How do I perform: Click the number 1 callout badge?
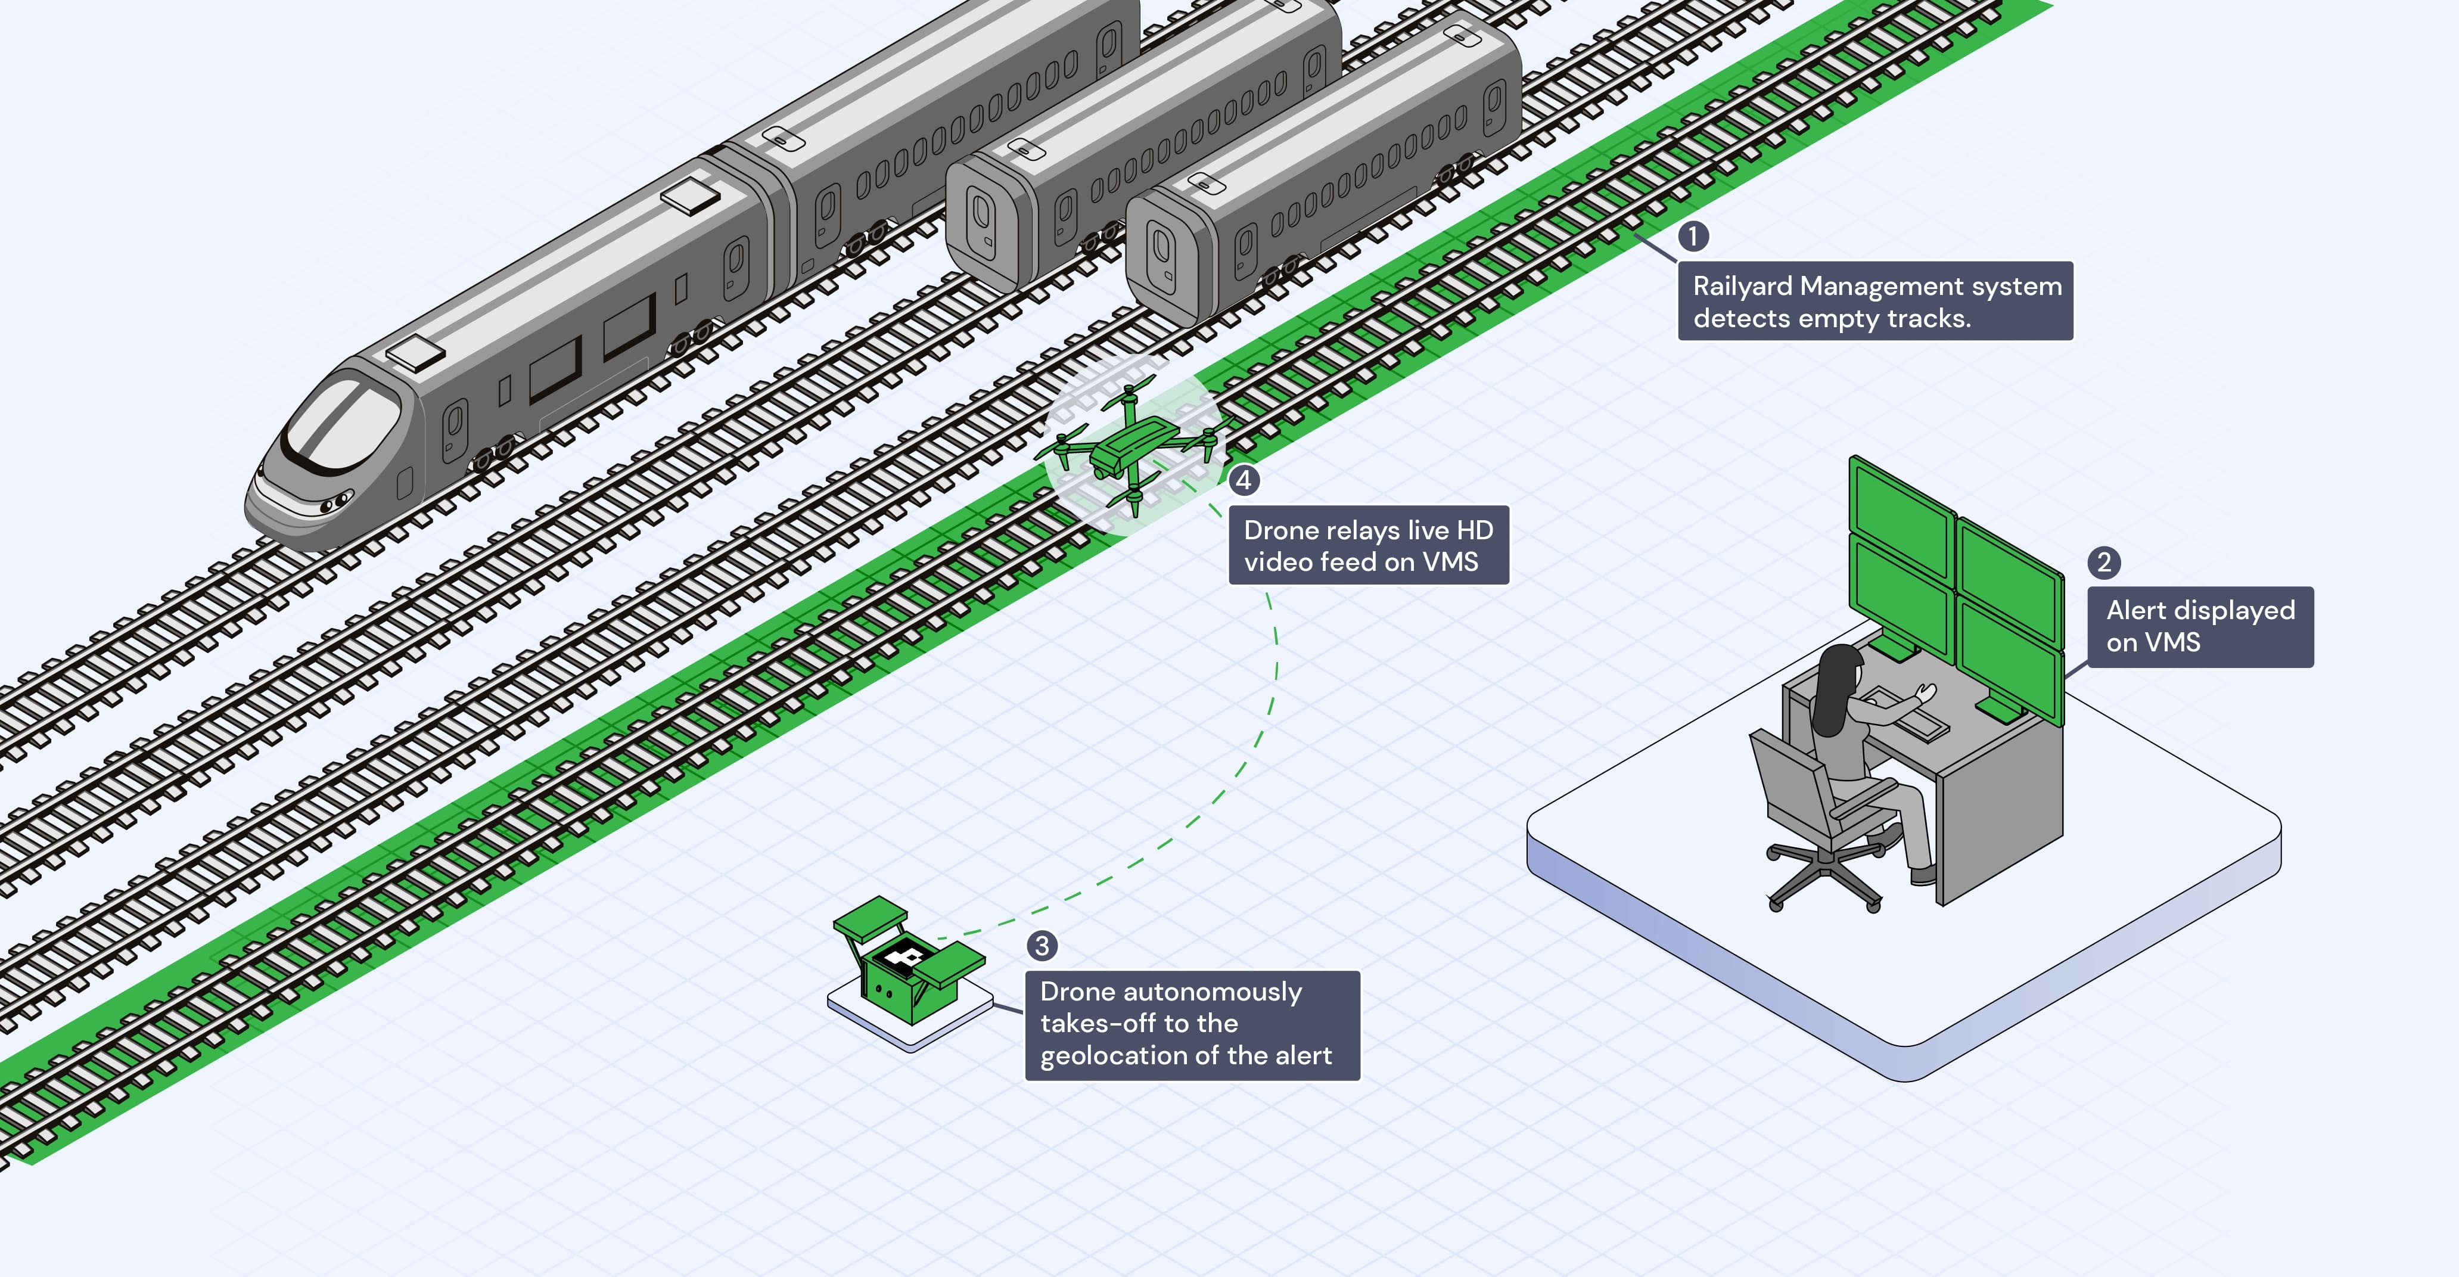tap(1693, 236)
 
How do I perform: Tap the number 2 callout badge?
tap(2104, 562)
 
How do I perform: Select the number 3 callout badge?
tap(1042, 946)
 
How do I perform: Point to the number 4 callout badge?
tap(1243, 480)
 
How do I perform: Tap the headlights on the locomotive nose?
tap(336, 500)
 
